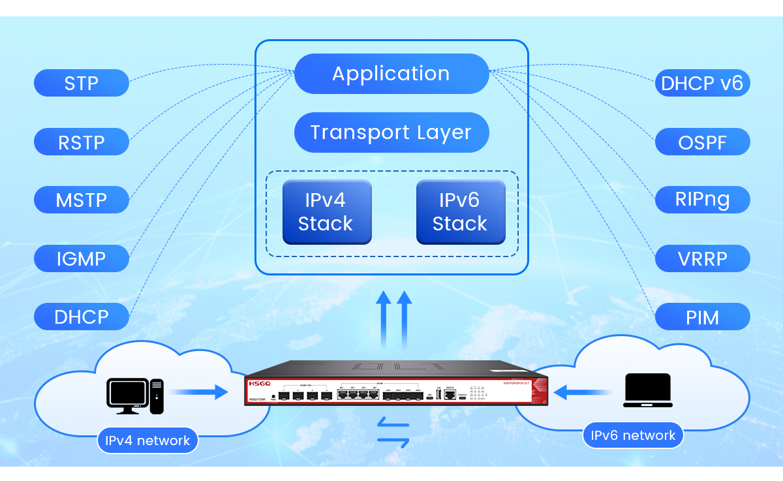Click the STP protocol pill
tap(82, 84)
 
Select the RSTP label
tap(82, 142)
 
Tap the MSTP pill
tap(82, 200)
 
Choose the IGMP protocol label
tap(82, 258)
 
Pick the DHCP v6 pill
tap(702, 84)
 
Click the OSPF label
tap(702, 142)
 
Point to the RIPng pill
tap(702, 200)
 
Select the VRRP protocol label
tap(702, 258)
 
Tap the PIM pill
tap(702, 317)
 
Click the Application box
tap(391, 74)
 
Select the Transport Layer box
tap(391, 132)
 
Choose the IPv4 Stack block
tap(326, 212)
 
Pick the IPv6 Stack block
tap(461, 212)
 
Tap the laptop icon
tap(647, 390)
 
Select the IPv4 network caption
tap(147, 441)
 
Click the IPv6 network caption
tap(633, 435)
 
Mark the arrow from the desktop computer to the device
tap(199, 392)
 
